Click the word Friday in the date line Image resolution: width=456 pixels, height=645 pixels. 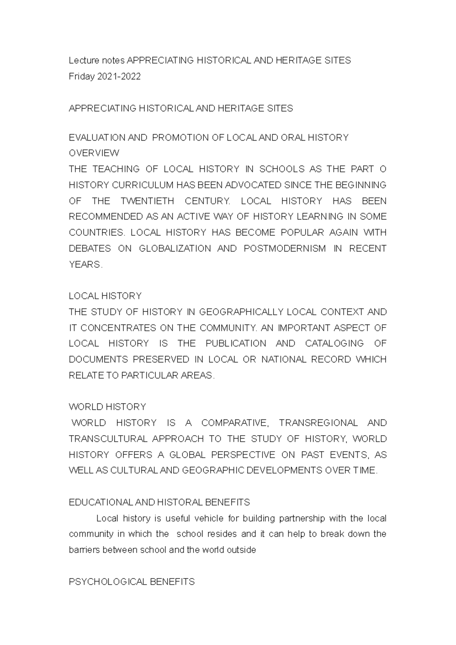[x=81, y=77]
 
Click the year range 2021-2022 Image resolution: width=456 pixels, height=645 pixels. [x=119, y=77]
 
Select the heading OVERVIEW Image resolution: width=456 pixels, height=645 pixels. [x=94, y=153]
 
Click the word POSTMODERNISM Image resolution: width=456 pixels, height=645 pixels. [x=285, y=249]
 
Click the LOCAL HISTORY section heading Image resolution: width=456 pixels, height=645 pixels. [x=105, y=296]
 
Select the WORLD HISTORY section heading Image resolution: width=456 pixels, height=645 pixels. [x=107, y=407]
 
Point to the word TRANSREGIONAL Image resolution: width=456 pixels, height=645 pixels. [x=318, y=423]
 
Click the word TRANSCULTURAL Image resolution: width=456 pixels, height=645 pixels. [x=108, y=439]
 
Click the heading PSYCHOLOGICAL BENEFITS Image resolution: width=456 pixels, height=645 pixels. [x=131, y=582]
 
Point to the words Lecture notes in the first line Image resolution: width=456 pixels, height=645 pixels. [x=97, y=61]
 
